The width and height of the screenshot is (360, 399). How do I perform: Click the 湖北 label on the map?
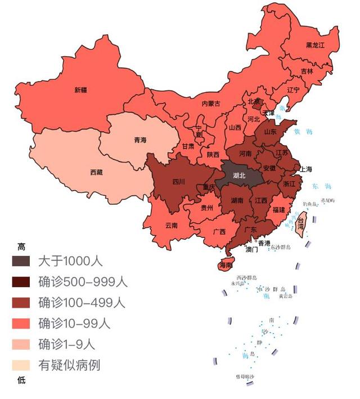[x=239, y=175]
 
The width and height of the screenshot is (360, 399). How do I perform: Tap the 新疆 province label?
[x=81, y=89]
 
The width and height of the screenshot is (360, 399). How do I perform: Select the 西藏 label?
[x=96, y=172]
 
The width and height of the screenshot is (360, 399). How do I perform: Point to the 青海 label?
[x=140, y=140]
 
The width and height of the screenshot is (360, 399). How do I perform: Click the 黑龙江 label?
[x=315, y=45]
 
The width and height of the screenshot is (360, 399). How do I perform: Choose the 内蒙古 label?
[x=211, y=104]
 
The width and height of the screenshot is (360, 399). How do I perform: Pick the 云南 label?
[x=172, y=225]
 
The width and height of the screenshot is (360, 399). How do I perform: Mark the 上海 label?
[x=306, y=169]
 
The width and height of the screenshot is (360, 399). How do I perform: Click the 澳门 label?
[x=251, y=248]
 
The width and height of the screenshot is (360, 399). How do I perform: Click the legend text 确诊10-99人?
[x=74, y=323]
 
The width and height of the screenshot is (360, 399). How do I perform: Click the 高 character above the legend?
[x=21, y=246]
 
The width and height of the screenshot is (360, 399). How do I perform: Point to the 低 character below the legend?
[x=21, y=380]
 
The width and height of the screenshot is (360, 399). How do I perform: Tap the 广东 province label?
[x=251, y=230]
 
